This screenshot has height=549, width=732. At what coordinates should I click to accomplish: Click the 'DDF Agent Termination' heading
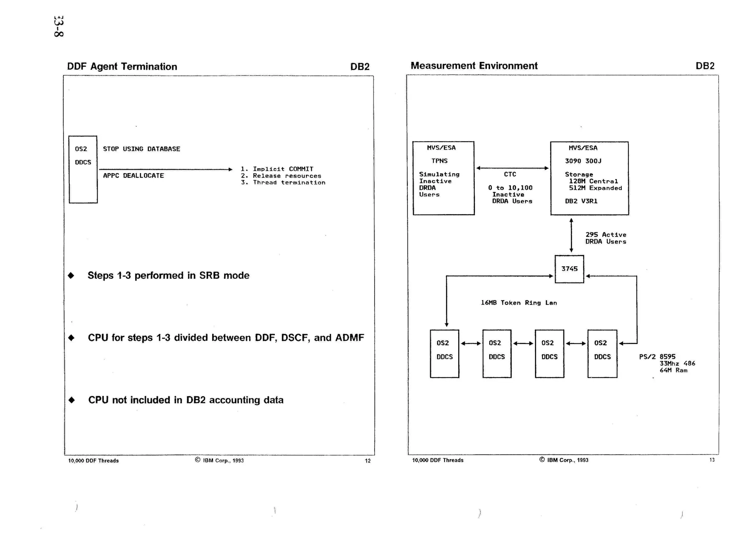click(122, 67)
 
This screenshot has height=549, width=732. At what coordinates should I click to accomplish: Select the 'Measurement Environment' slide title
click(474, 66)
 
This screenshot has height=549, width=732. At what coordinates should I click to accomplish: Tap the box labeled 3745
click(569, 269)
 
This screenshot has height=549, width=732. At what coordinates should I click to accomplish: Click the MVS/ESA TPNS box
click(443, 178)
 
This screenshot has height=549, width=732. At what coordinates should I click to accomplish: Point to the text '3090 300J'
click(583, 161)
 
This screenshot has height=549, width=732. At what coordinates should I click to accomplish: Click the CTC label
click(510, 174)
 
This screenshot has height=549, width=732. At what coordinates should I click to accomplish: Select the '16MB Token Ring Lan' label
click(519, 303)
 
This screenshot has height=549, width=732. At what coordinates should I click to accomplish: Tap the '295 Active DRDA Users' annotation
click(605, 238)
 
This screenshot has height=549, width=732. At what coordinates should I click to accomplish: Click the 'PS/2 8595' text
click(657, 357)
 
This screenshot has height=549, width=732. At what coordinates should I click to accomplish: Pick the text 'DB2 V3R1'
click(581, 201)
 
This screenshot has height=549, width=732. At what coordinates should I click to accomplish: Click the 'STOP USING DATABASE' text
click(142, 149)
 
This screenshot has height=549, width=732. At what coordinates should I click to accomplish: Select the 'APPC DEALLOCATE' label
click(133, 176)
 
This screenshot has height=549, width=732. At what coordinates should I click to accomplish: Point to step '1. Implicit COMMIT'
click(277, 169)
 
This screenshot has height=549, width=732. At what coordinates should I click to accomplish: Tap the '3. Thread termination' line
click(283, 182)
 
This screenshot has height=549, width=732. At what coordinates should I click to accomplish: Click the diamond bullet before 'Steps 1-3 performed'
click(71, 275)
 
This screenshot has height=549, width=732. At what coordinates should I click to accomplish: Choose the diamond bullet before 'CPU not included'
click(71, 400)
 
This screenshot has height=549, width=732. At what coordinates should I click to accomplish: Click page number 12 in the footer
click(367, 461)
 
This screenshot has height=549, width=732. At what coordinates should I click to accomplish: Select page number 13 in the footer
click(712, 460)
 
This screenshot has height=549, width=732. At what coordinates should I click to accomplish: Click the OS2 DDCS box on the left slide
click(83, 170)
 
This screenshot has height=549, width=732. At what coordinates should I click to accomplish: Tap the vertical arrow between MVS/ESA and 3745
click(571, 235)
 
